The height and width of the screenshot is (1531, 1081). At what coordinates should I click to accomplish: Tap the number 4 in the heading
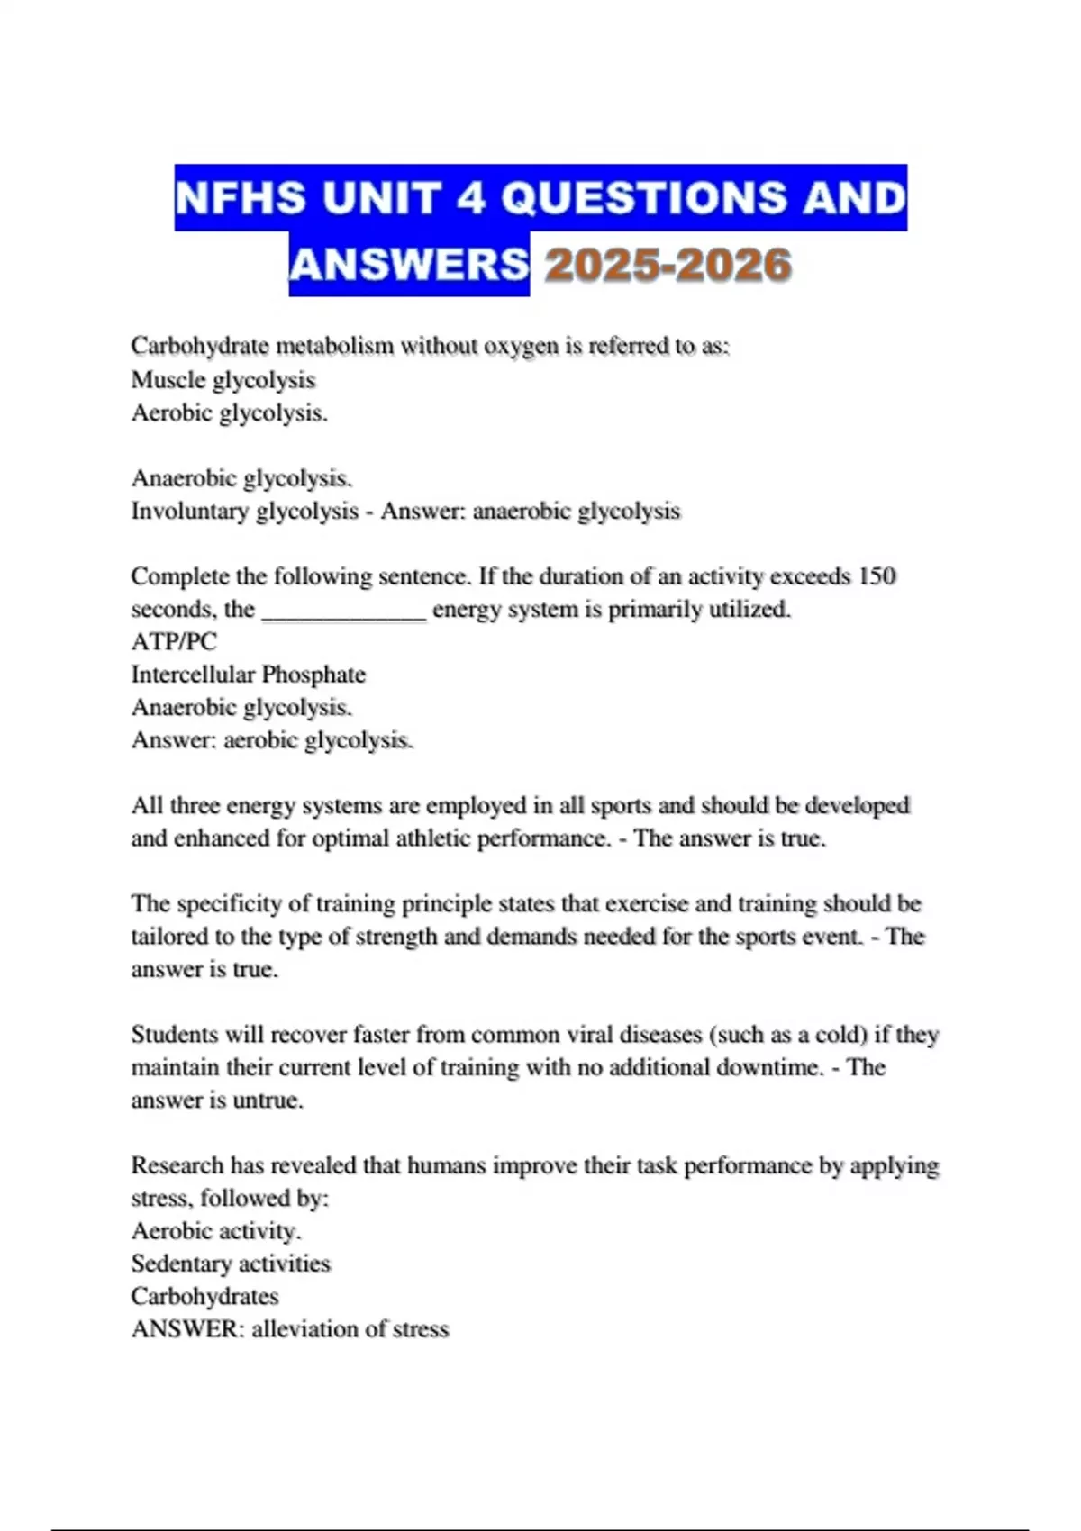click(x=470, y=198)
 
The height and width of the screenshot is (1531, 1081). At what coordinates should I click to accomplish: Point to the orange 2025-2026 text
click(x=668, y=265)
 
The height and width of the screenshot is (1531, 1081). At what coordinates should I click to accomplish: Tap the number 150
click(x=877, y=575)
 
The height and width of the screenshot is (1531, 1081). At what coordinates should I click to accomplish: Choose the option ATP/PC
click(x=174, y=641)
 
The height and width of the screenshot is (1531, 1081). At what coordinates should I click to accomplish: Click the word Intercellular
click(x=193, y=674)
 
